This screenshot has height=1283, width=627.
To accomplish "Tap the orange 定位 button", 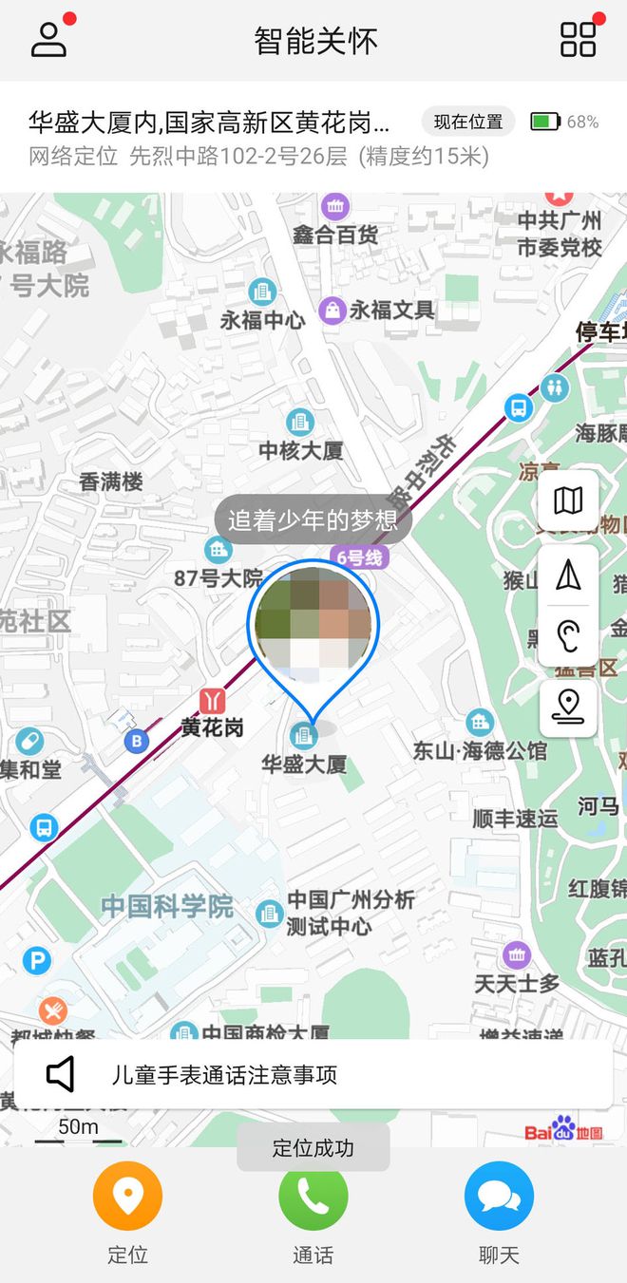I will coord(127,1196).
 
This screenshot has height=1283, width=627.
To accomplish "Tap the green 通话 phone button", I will coord(313,1196).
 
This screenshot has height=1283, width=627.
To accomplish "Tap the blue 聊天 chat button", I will coord(499,1196).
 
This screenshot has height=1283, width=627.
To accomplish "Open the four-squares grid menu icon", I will coord(578,40).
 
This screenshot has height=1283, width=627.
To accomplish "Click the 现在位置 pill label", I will coord(468,122).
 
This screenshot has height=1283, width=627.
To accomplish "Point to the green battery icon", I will coord(545,122).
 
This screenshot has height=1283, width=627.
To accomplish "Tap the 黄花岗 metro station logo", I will coord(213,701).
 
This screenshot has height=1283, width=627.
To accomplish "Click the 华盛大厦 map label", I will coord(304,764).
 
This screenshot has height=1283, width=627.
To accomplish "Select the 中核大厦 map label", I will coord(301,450).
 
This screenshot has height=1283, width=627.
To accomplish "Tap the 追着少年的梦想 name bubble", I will coord(313,519).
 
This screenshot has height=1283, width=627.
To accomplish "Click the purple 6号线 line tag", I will coord(358,557).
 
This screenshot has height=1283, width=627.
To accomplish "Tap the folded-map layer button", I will coord(568,500).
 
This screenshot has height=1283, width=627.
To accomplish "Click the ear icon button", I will coord(568,633).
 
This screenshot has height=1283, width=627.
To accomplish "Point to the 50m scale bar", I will coord(79,1137).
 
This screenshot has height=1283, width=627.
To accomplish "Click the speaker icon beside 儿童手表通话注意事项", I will coord(61,1075).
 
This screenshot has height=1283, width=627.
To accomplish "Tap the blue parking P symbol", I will coord(36,962).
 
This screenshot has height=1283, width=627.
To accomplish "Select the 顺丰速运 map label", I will coord(515,818).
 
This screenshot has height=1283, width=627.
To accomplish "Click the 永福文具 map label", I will coord(391,310).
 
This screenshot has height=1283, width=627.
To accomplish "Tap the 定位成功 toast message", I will coord(313,1147).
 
